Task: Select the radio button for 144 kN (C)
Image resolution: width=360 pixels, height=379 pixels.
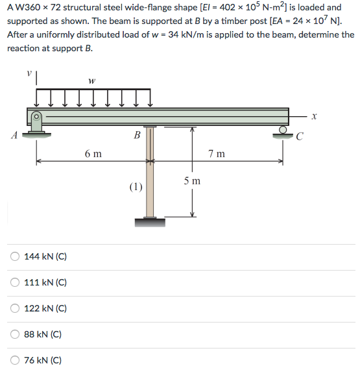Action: coord(14,256)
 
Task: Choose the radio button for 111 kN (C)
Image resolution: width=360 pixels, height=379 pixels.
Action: coord(14,282)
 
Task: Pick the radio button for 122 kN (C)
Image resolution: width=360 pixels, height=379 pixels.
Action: coord(14,308)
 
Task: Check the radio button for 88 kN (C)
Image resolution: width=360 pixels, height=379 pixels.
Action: coord(14,334)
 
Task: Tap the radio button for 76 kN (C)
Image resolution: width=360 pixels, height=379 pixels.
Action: coord(14,360)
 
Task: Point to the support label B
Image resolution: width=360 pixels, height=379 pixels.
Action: coord(136,136)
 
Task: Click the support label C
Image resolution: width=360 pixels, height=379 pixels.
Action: coord(298,136)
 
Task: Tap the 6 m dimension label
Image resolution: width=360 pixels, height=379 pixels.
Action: coord(93,154)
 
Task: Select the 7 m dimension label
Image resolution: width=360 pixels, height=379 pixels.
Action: coord(217,154)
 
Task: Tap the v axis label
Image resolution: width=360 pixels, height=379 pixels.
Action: coord(27,73)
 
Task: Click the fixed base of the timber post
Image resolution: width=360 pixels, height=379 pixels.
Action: coord(150,223)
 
